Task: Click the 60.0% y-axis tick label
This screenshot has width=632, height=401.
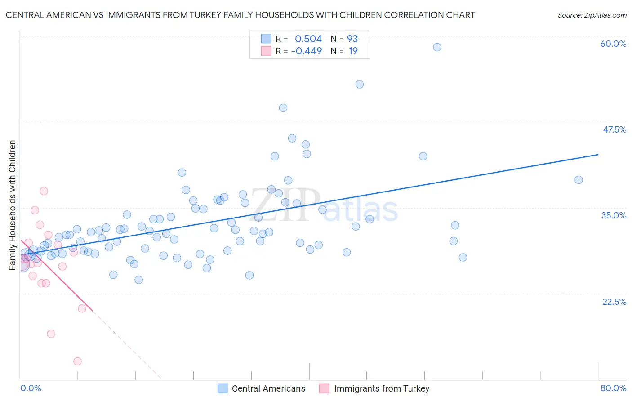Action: pyautogui.click(x=613, y=44)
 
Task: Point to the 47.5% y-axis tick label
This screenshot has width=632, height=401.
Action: pyautogui.click(x=614, y=129)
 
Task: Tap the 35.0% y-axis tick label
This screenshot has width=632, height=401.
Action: pyautogui.click(x=614, y=215)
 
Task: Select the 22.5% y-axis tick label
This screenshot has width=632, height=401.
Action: pyautogui.click(x=614, y=302)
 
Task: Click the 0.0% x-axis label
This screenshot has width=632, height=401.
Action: pyautogui.click(x=31, y=388)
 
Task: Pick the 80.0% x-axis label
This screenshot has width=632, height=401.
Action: pyautogui.click(x=613, y=388)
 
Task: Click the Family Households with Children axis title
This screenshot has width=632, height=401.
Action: pyautogui.click(x=13, y=205)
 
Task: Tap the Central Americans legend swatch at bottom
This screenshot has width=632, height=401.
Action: pyautogui.click(x=223, y=388)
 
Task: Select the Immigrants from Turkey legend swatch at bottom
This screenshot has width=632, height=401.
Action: pyautogui.click(x=324, y=388)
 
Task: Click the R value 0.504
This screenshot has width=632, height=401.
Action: pyautogui.click(x=308, y=39)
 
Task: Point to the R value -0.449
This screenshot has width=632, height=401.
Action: pyautogui.click(x=307, y=51)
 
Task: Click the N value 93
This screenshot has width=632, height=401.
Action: pyautogui.click(x=352, y=39)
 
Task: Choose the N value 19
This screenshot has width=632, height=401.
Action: pyautogui.click(x=353, y=51)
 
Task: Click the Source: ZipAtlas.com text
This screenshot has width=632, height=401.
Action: pyautogui.click(x=592, y=15)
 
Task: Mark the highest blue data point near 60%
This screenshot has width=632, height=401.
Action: pyautogui.click(x=437, y=47)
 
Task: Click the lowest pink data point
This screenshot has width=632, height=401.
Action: pyautogui.click(x=77, y=361)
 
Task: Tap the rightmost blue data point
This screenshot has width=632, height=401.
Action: pyautogui.click(x=579, y=180)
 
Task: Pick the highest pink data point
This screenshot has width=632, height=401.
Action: pyautogui.click(x=44, y=191)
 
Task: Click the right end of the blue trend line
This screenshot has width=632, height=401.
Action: pyautogui.click(x=598, y=155)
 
